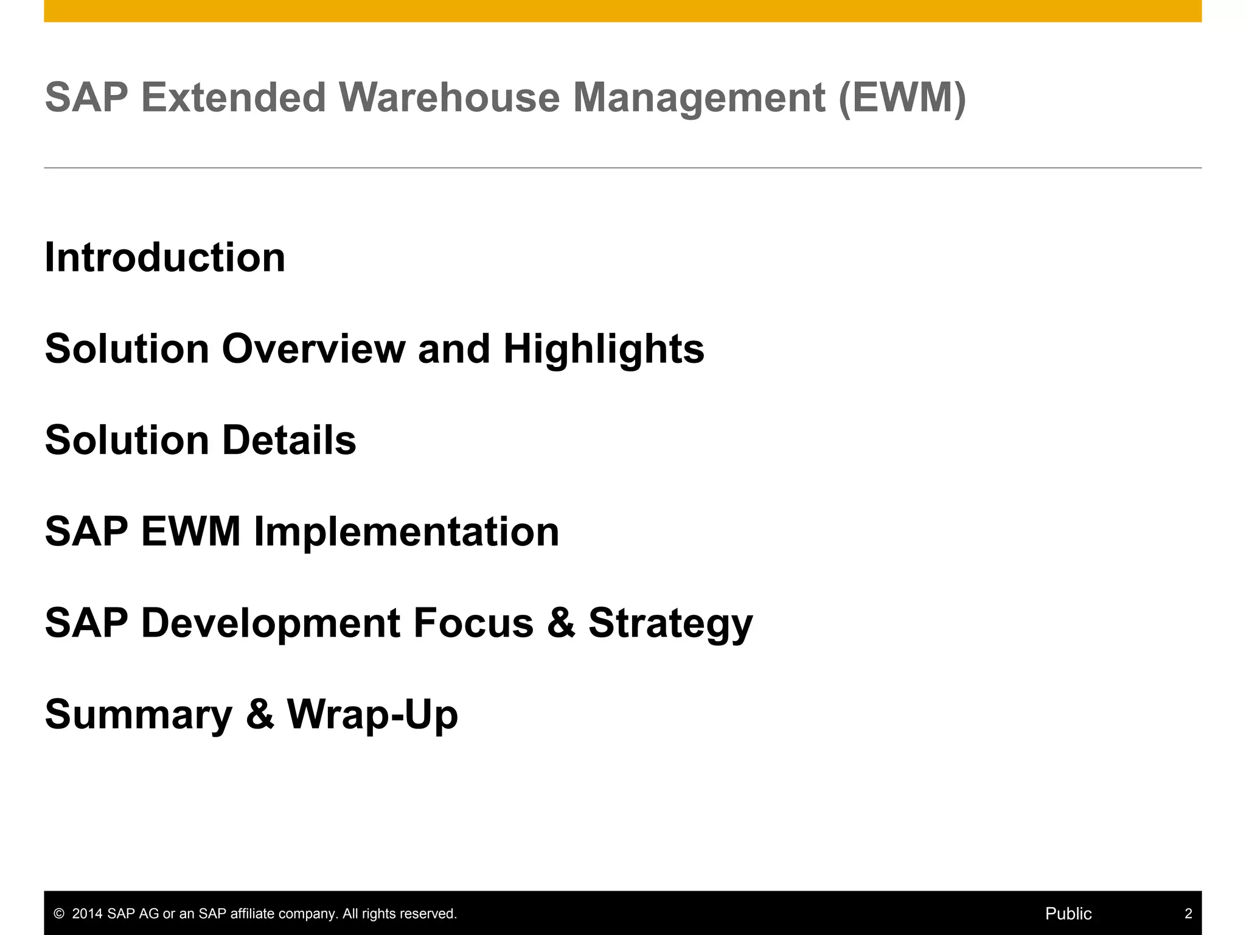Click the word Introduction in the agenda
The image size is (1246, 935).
coord(165,257)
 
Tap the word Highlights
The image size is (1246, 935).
coord(604,349)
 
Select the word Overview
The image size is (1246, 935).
coord(313,349)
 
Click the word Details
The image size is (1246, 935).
coord(288,440)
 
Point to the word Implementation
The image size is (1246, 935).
coord(406,531)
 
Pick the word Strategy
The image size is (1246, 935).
coord(670,624)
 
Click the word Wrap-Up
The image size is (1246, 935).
coord(372,715)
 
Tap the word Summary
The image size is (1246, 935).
coord(139,715)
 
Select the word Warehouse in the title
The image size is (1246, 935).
coord(449,97)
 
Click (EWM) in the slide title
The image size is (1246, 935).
coord(902,97)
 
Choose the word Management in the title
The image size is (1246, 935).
coord(699,97)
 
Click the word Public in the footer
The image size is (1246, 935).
coord(1068,914)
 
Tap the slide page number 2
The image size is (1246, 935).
coord(1188,914)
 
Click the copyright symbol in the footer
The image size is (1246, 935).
coord(59,914)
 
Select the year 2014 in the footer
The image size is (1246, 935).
coord(87,914)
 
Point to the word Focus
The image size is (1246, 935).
coord(473,623)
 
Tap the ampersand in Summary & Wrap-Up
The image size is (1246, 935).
coord(260,715)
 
